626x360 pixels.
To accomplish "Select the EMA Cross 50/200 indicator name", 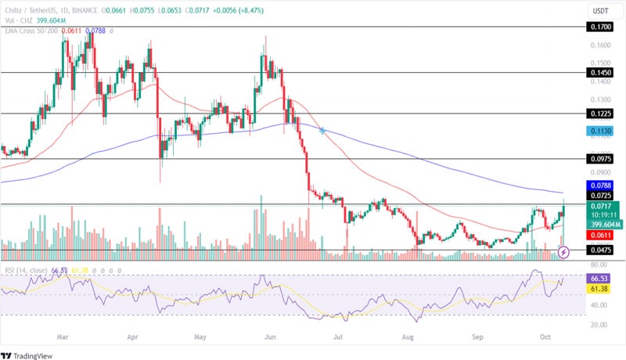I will (x=31, y=31).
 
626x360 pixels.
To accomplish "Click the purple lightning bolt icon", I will (x=564, y=252).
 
